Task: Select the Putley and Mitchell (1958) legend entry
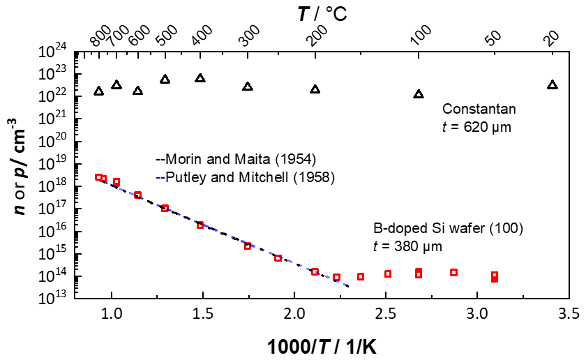pyautogui.click(x=241, y=177)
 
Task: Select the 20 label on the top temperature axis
pyautogui.click(x=552, y=38)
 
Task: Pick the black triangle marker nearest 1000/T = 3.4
pyautogui.click(x=553, y=84)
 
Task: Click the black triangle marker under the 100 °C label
pyautogui.click(x=419, y=93)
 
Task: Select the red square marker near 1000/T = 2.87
pyautogui.click(x=453, y=272)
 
